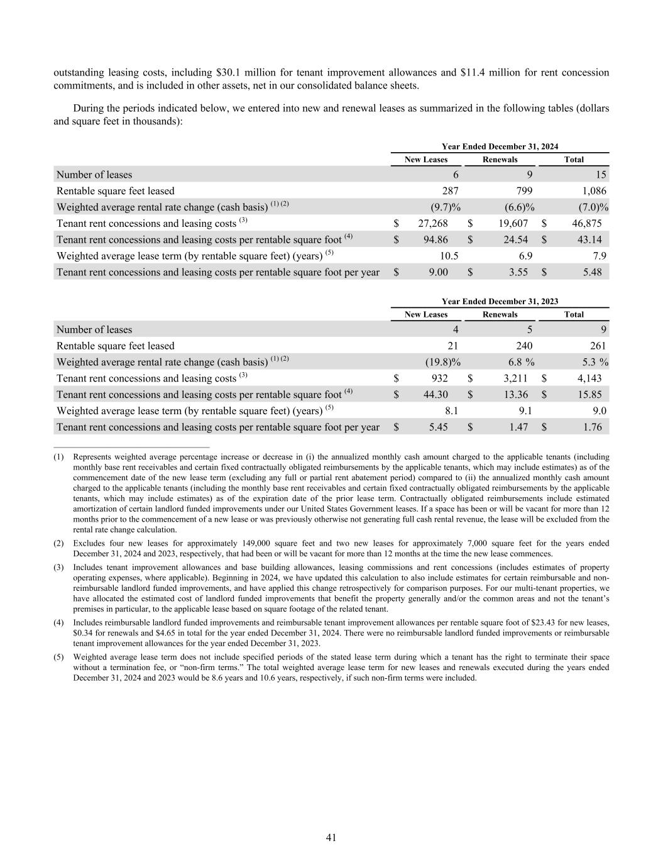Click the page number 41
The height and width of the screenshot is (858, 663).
331,837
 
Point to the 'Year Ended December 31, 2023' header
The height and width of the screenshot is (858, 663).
500,301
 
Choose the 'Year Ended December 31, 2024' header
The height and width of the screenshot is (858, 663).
500,146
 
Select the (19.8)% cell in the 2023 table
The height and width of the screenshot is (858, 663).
443,362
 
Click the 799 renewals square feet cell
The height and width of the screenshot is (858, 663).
524,190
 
